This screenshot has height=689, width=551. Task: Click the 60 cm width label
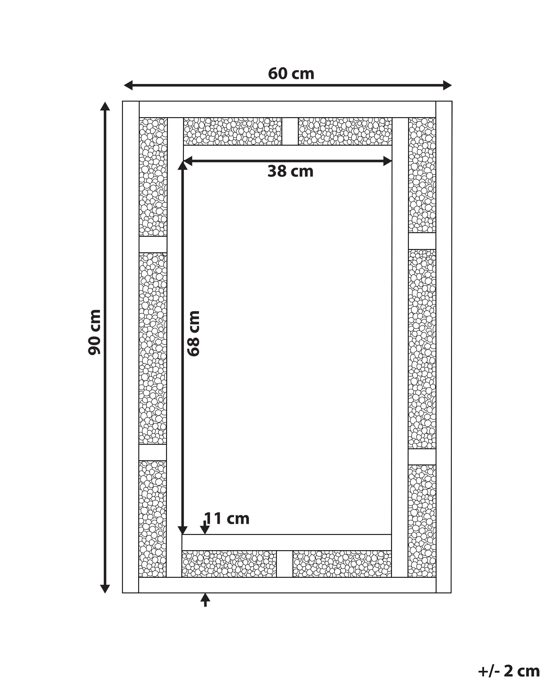pyautogui.click(x=291, y=74)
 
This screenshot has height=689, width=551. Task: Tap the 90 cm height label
pyautogui.click(x=95, y=332)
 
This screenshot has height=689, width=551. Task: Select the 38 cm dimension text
pyautogui.click(x=290, y=171)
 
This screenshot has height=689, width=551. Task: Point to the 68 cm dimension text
pyautogui.click(x=194, y=333)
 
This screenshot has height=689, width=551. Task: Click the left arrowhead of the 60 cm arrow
pyautogui.click(x=128, y=85)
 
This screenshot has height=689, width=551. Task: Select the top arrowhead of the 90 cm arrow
pyautogui.click(x=105, y=106)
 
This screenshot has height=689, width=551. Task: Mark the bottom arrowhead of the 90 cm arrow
pyautogui.click(x=105, y=589)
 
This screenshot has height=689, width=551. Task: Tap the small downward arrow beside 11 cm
pyautogui.click(x=204, y=527)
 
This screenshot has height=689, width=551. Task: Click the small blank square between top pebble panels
pyautogui.click(x=290, y=131)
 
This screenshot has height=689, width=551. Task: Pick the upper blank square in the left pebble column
pyautogui.click(x=153, y=244)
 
